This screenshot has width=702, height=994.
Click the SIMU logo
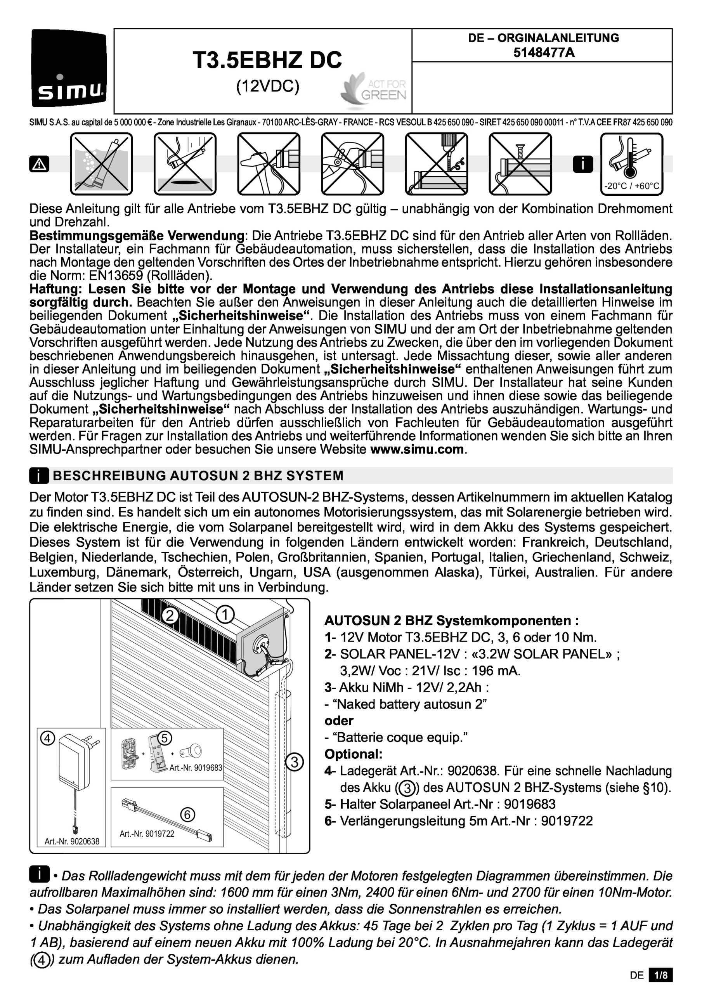click(x=69, y=68)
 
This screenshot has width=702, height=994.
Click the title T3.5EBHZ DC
click(x=267, y=60)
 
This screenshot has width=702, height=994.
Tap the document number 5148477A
click(x=544, y=53)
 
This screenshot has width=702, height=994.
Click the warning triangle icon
click(x=39, y=164)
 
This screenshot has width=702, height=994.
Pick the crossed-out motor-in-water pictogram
click(x=101, y=164)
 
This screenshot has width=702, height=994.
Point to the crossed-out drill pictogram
click(x=436, y=164)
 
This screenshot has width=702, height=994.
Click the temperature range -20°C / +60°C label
click(x=631, y=186)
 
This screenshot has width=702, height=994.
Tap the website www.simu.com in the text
click(x=417, y=449)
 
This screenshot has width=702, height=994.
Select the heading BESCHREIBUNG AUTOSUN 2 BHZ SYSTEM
click(x=198, y=476)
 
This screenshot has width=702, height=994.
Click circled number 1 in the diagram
click(x=225, y=614)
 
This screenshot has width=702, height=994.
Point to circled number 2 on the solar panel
click(x=170, y=615)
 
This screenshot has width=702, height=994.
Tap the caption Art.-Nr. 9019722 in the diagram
click(x=147, y=834)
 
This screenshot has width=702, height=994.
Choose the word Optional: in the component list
click(x=353, y=754)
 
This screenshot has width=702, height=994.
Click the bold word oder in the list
click(x=339, y=720)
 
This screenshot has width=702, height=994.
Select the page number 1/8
click(x=660, y=975)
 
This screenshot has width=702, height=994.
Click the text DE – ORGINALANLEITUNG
click(x=543, y=38)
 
